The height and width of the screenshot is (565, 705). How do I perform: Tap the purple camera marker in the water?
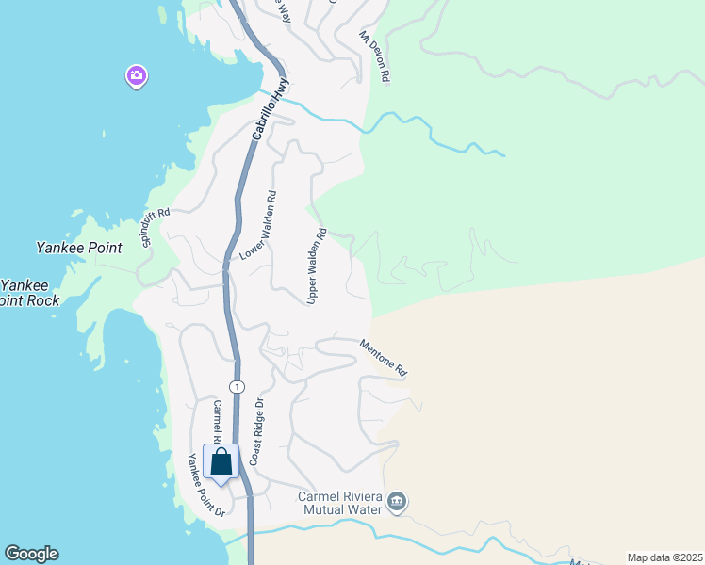click(x=137, y=76)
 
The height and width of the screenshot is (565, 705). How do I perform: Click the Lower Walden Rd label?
click(x=257, y=226)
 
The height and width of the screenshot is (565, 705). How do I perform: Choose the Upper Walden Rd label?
click(x=316, y=266)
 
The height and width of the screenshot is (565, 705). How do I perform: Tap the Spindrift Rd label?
click(x=156, y=228)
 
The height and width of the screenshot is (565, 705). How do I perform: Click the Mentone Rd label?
click(x=382, y=358)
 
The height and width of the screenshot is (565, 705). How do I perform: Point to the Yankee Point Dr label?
click(x=205, y=485)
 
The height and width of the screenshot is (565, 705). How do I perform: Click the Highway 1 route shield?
click(x=237, y=387)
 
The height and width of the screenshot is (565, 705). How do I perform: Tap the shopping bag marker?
click(x=221, y=462)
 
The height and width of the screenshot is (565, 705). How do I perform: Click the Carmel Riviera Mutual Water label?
click(x=339, y=503)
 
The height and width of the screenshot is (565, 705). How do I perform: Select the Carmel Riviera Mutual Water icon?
click(x=397, y=502)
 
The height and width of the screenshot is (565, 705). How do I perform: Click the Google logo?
click(x=31, y=554)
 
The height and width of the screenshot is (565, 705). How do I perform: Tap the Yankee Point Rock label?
click(x=30, y=293)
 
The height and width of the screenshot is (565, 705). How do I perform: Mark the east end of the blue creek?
click(x=504, y=154)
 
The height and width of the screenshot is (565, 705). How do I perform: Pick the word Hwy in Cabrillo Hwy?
click(x=279, y=93)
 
